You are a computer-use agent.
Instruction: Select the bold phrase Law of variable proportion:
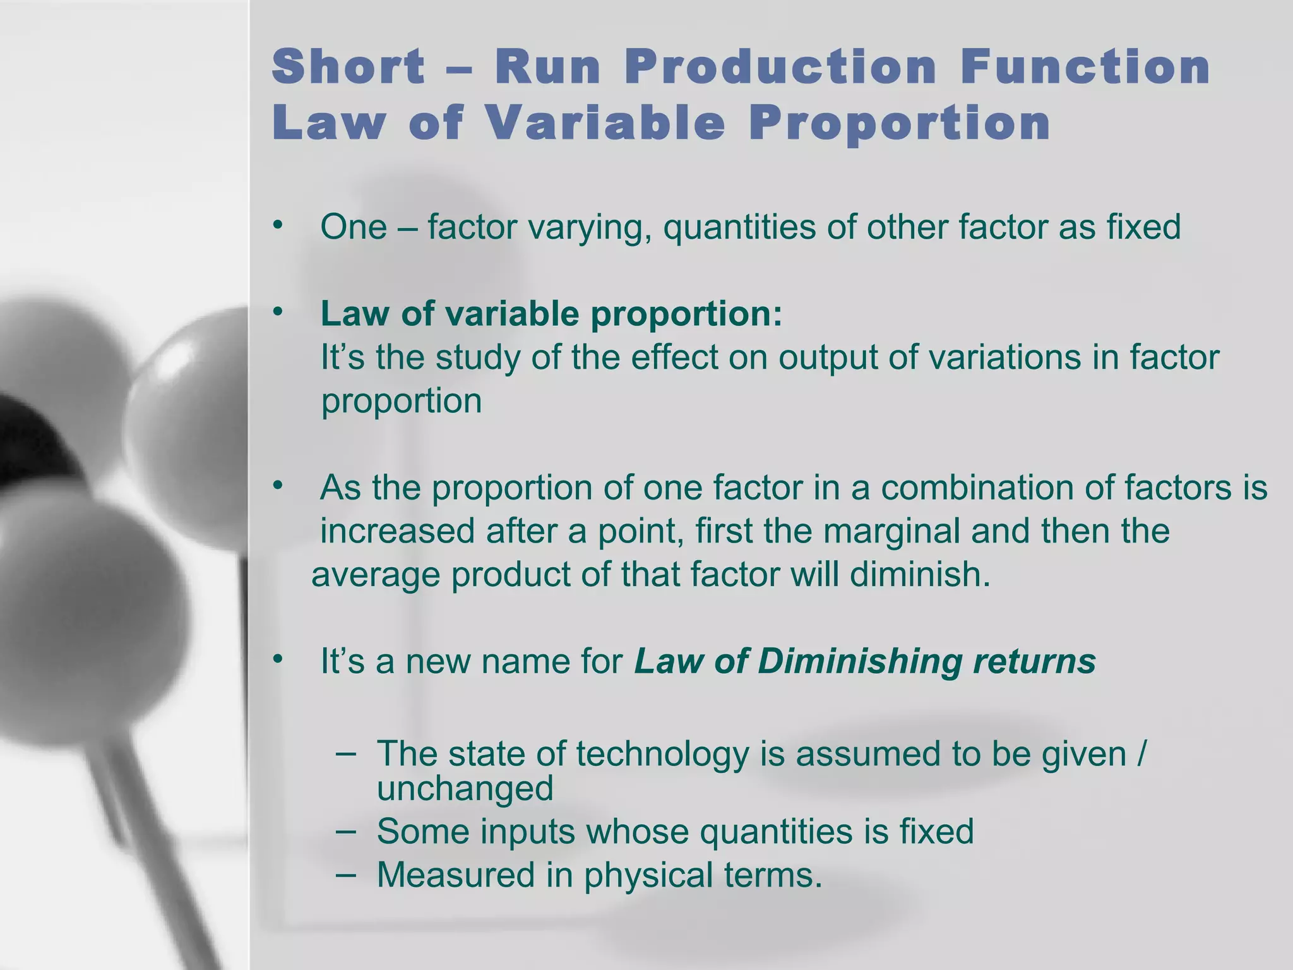click(551, 314)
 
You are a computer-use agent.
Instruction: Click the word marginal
click(891, 531)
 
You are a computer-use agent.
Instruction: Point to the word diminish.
click(920, 574)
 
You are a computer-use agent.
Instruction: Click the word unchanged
click(465, 788)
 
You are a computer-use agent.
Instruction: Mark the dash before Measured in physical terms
click(345, 875)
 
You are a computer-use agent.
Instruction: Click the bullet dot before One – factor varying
click(277, 225)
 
